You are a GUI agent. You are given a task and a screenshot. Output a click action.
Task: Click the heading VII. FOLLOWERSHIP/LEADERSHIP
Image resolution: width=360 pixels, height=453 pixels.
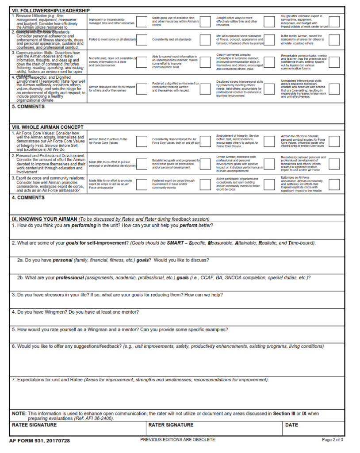tap(50, 10)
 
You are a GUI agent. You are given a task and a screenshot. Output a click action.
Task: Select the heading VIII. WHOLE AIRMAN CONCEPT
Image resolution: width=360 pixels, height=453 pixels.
tap(47, 127)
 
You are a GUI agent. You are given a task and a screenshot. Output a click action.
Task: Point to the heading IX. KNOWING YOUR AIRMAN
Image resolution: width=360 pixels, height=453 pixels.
tap(44, 219)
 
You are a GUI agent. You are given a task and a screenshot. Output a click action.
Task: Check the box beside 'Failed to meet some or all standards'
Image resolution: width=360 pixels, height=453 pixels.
tap(142, 40)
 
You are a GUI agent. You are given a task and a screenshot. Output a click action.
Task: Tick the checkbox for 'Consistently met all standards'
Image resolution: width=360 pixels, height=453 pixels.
tap(205, 40)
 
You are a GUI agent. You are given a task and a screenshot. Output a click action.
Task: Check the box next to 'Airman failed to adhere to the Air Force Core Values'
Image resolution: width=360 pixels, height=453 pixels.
tap(142, 141)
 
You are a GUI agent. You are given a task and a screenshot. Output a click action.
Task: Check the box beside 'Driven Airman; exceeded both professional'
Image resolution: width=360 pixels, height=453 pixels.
tap(269, 162)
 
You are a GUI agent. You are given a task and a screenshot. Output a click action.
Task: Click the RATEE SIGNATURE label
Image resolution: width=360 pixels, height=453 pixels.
tap(34, 425)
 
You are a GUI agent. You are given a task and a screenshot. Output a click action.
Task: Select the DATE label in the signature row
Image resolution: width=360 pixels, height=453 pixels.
tap(291, 425)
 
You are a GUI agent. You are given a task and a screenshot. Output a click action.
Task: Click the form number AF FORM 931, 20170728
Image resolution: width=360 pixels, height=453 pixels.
tap(39, 441)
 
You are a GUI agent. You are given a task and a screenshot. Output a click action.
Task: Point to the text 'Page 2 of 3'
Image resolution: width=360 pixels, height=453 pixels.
tap(332, 440)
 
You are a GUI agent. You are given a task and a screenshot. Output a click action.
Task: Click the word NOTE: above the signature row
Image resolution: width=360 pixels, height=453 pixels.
tap(19, 414)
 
